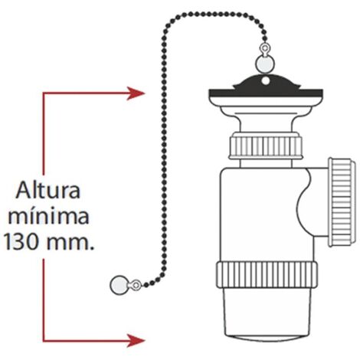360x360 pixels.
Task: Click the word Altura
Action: pos(48,190)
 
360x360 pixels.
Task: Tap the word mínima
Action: pos(48,217)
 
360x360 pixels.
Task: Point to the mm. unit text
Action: pos(70,244)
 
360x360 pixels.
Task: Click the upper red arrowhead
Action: pos(136,93)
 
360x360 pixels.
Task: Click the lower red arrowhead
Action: pos(136,340)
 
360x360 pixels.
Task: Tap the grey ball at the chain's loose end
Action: pos(118,285)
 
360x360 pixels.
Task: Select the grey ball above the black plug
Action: pos(265,63)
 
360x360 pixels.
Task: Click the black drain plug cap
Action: pos(266,90)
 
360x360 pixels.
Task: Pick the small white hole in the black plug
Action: pos(266,81)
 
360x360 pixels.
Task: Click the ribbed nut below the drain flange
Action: pos(266,146)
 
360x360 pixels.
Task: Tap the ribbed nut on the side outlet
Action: pos(342,202)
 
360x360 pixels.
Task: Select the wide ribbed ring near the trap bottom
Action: pos(267,275)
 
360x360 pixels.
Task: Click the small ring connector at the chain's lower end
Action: pos(136,285)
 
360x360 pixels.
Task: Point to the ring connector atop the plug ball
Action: pos(265,49)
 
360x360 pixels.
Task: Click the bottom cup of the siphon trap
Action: pos(267,315)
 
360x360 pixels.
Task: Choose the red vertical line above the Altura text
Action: pos(44,133)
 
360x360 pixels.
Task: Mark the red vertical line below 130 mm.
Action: pos(44,300)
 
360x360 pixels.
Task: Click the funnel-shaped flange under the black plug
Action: pos(266,118)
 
